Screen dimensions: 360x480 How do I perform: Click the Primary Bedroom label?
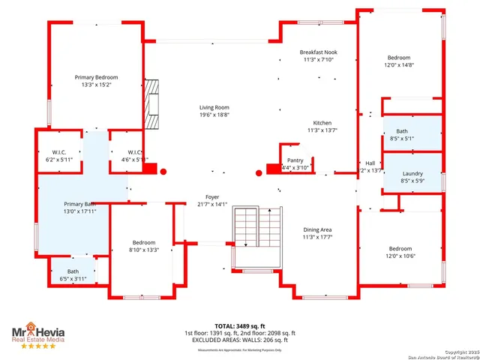coord(96,77)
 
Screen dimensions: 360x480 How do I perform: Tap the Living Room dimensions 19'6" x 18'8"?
coord(214,115)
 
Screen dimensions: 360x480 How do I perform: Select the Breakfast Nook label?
coord(319,52)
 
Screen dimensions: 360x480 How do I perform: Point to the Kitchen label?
coord(322,123)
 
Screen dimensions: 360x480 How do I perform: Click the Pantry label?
coord(295,160)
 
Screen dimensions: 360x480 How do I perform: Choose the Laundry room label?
coord(412,173)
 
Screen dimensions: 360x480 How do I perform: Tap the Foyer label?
coord(211,196)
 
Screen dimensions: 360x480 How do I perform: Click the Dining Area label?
coord(317,229)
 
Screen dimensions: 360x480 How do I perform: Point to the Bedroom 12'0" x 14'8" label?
coord(399,58)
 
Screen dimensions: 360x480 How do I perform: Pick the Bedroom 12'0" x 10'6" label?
coord(400,248)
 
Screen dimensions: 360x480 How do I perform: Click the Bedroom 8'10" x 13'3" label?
coord(144,242)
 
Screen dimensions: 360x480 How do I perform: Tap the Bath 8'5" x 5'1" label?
coord(402,130)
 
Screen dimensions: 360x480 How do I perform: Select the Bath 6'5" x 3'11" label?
coord(73,271)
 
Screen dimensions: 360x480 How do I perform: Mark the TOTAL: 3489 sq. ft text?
coord(240,325)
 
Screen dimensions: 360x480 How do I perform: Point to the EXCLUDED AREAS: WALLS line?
coord(240,340)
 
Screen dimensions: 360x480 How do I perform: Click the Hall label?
coord(370,163)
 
